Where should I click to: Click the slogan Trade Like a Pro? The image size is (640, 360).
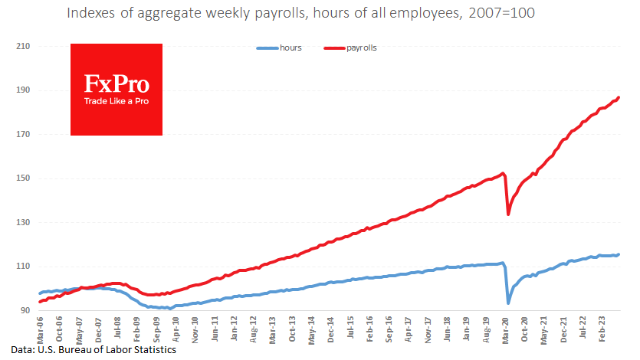click(117, 101)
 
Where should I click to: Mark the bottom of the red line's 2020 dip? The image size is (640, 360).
click(508, 214)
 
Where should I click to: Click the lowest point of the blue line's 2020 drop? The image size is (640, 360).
click(508, 303)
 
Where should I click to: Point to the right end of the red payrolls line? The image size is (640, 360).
click(619, 97)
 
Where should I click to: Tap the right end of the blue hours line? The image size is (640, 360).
click(619, 254)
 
